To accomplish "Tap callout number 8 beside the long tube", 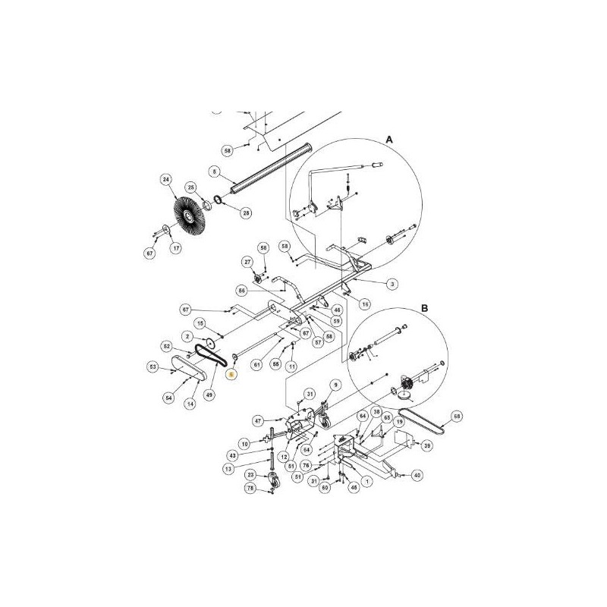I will point(215,172).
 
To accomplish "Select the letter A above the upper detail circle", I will point(389,140).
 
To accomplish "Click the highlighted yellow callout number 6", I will point(232,375).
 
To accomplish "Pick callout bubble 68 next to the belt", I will point(456,415).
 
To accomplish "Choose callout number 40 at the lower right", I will point(417,476).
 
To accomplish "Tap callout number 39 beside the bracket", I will point(427,445).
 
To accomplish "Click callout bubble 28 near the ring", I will point(245,214).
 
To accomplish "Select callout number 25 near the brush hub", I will point(191,187).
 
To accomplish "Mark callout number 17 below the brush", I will point(175,248).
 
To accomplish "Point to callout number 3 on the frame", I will point(392,284).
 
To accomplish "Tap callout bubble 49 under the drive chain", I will point(210,394).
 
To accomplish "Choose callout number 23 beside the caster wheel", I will point(250,475).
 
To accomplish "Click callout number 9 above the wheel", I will point(332,385).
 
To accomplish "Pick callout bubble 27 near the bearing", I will point(247,262).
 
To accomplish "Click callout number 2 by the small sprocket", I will point(186,336).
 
